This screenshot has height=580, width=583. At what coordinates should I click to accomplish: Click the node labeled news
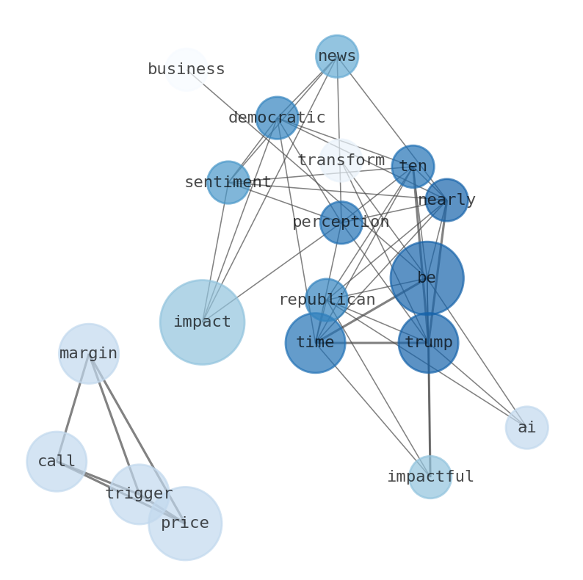(337, 57)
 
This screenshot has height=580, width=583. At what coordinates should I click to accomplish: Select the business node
(186, 70)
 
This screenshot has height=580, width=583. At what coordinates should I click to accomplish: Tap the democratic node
(277, 117)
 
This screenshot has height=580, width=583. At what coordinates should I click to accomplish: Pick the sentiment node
(228, 182)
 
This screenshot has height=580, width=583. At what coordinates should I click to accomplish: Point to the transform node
(340, 160)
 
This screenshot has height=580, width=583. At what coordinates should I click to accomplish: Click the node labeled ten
(413, 167)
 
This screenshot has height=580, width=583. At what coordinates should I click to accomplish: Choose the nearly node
(446, 200)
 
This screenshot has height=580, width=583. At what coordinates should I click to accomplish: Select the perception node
(341, 222)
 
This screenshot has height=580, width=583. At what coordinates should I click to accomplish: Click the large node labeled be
(427, 278)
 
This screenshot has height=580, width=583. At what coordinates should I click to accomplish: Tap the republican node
(327, 300)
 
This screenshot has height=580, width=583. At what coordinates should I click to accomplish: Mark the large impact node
(202, 322)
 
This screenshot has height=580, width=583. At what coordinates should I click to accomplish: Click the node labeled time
(315, 343)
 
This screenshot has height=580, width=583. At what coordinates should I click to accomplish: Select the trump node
(428, 343)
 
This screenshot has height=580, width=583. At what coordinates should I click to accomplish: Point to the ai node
(526, 428)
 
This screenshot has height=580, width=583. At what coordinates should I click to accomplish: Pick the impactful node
(430, 477)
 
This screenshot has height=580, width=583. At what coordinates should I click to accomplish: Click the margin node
(89, 354)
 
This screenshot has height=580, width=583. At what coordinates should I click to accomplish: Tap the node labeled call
(57, 462)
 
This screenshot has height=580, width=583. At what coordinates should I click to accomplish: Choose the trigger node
(139, 494)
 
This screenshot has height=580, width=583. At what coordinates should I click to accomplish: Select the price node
(185, 523)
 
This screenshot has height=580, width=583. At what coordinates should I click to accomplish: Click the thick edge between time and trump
(372, 343)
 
